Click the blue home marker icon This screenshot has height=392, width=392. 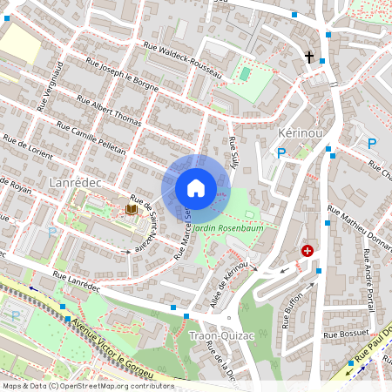(x=196, y=188)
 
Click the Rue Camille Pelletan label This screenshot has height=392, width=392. (x=91, y=139)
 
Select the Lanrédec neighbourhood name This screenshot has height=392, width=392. (x=77, y=182)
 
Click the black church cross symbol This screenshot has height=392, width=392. (x=308, y=57)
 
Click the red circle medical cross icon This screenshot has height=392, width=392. (x=307, y=251)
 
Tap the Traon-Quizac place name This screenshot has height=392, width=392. (x=215, y=335)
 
